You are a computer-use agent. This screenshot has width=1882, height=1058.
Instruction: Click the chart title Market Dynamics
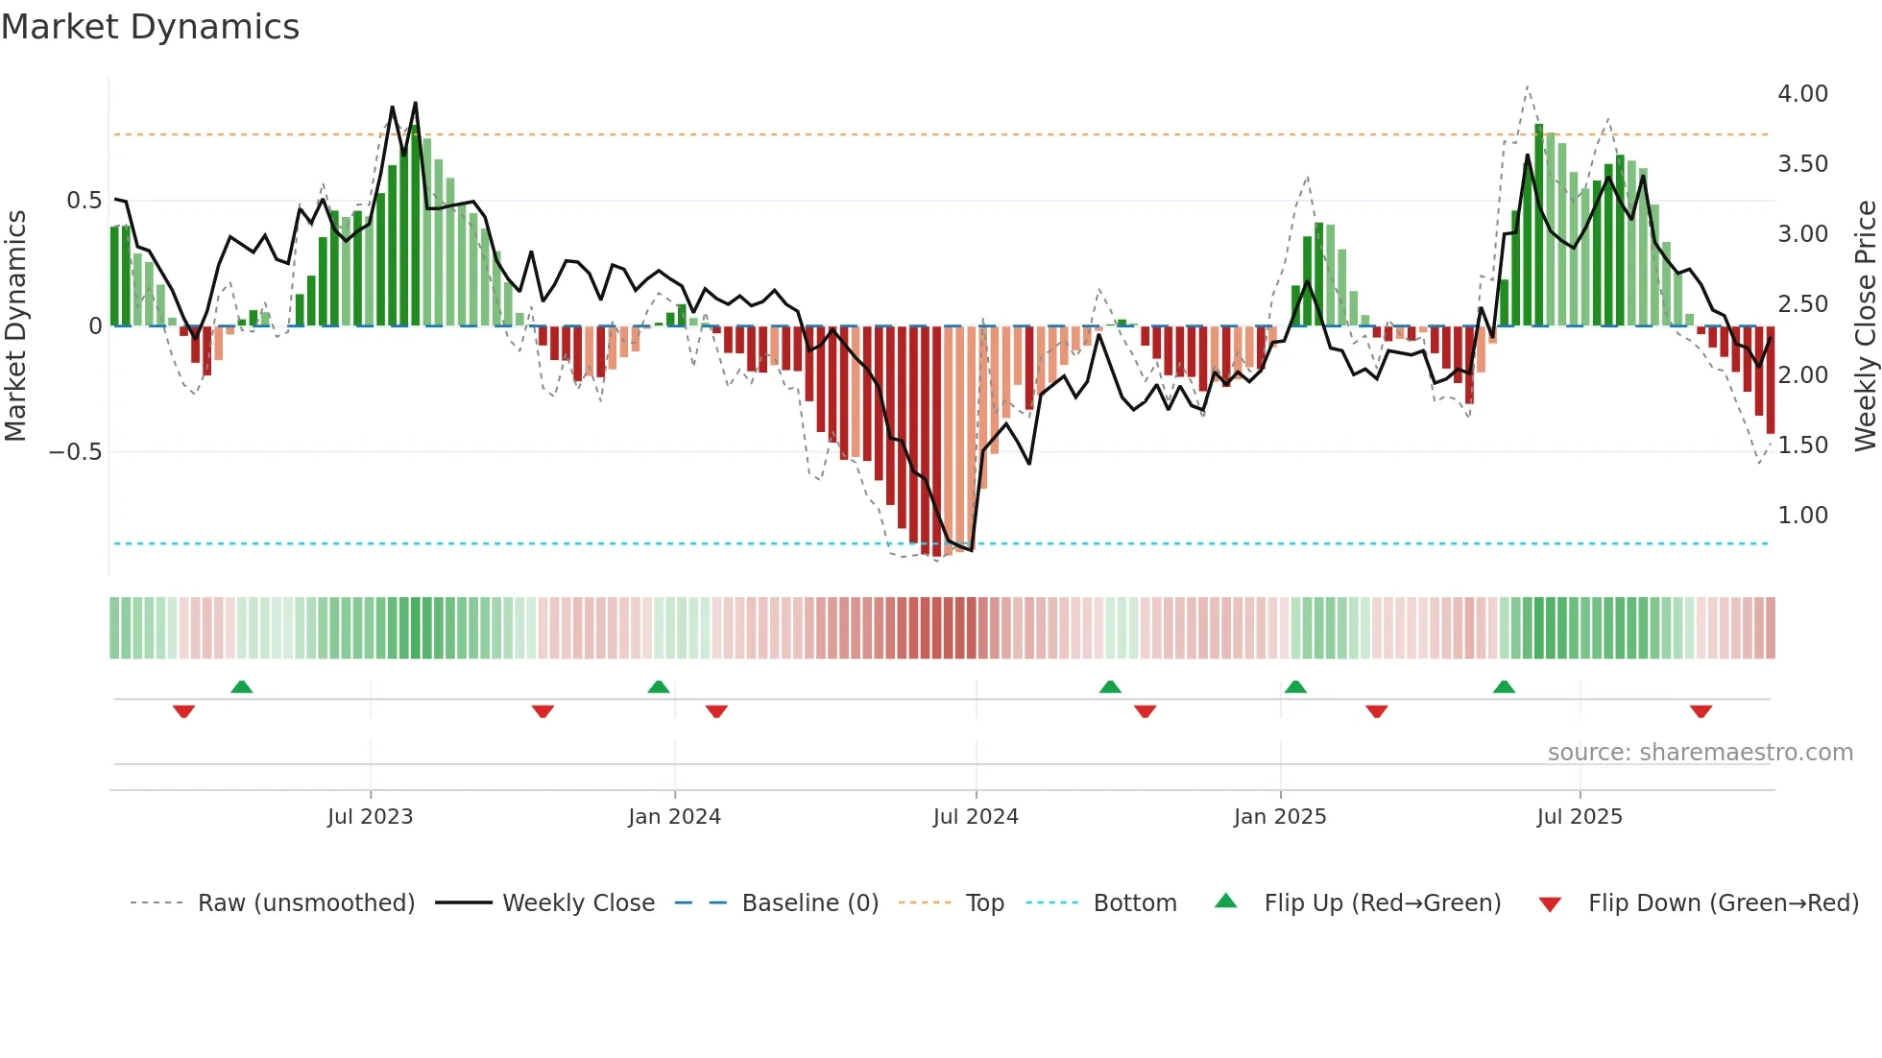(150, 27)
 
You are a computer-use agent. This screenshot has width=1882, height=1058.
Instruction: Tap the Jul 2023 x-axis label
(370, 817)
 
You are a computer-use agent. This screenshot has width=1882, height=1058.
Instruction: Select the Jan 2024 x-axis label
(674, 817)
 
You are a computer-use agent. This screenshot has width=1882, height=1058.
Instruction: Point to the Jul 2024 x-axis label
(976, 817)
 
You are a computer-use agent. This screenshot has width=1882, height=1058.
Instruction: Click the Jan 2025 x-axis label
(1280, 817)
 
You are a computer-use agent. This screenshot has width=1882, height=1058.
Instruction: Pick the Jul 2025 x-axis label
(1580, 817)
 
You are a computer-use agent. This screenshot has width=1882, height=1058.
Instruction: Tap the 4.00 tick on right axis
(1802, 94)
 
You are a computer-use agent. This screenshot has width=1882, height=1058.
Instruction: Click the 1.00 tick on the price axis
(1802, 516)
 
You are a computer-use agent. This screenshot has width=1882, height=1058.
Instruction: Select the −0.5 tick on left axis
(76, 452)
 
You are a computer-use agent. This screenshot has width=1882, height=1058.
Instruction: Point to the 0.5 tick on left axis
(84, 201)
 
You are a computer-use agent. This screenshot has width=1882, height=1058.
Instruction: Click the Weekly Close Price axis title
(1865, 325)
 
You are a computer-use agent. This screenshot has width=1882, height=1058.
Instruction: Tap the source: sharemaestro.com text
(1700, 753)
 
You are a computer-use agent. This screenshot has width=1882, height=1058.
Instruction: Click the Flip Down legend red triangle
(1550, 904)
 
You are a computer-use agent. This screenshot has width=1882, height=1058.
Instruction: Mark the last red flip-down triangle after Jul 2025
(1701, 711)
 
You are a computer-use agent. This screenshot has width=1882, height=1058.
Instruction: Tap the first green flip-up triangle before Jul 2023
(242, 686)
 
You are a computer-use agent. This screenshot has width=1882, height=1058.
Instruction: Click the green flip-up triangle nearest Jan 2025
(1295, 686)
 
